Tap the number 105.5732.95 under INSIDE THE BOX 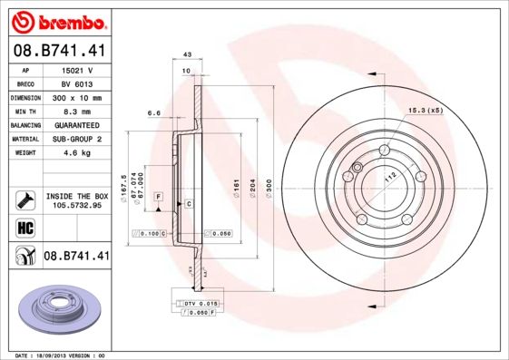(x=76, y=206)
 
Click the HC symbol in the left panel (x=25, y=228)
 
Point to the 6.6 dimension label (x=153, y=113)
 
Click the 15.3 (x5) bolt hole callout (x=422, y=109)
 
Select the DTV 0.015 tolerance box (x=199, y=303)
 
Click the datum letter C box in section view (x=189, y=204)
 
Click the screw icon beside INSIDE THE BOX (x=25, y=199)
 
